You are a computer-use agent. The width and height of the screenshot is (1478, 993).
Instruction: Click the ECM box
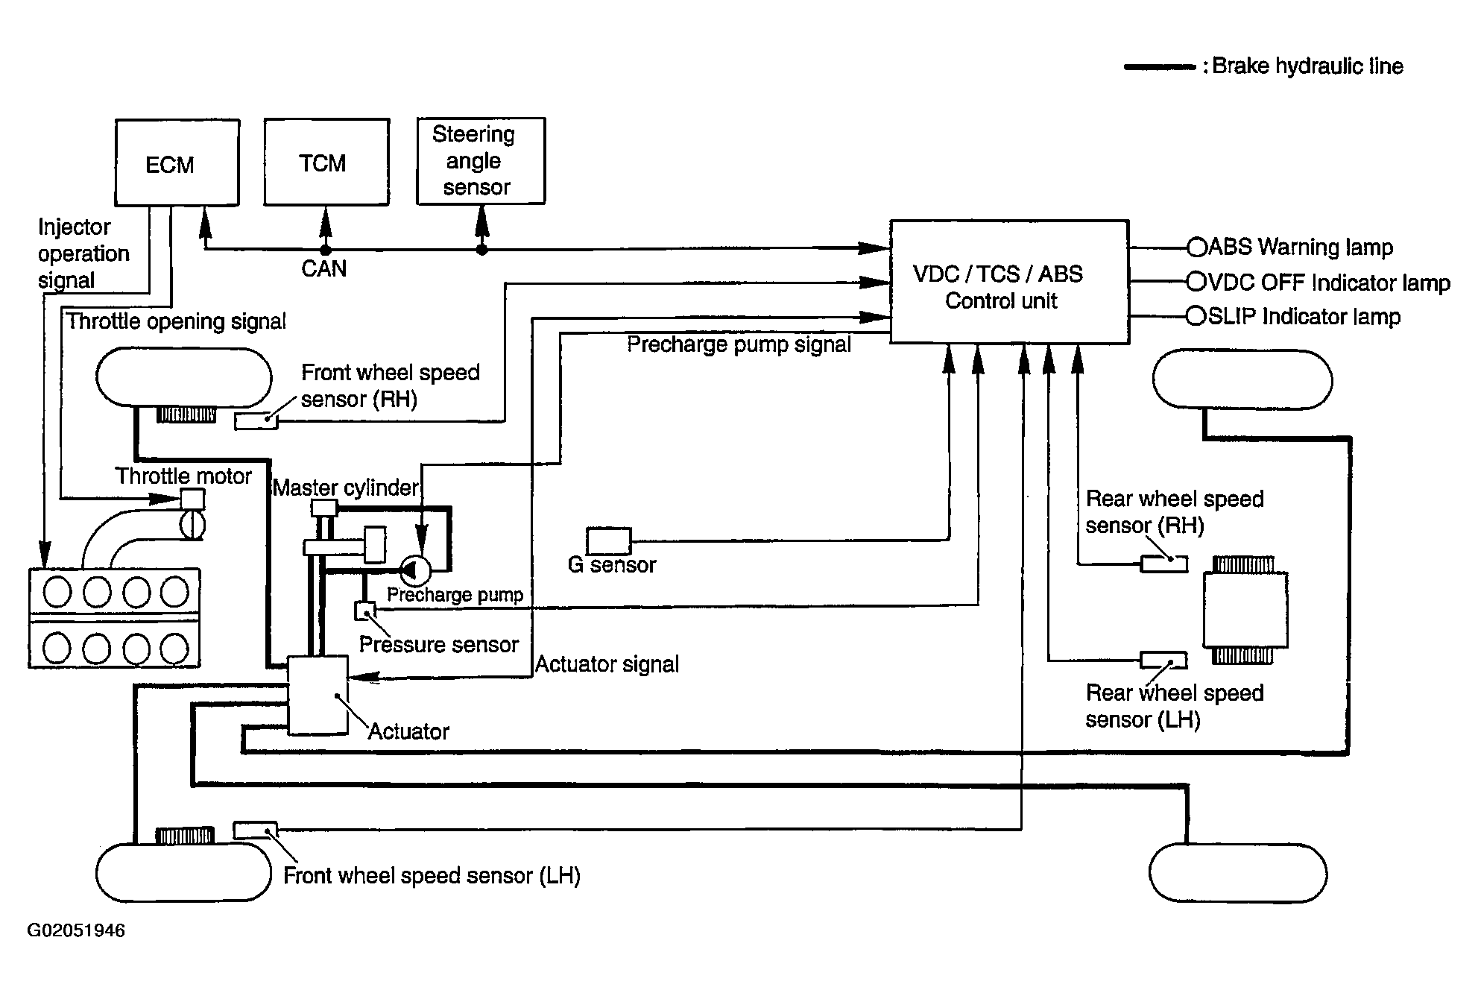pos(177,163)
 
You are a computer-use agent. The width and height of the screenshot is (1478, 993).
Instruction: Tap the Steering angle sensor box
pos(481,160)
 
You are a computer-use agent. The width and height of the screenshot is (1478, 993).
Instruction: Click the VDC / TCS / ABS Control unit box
pos(1010,282)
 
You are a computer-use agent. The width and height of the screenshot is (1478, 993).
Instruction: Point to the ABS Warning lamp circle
pos(1197,247)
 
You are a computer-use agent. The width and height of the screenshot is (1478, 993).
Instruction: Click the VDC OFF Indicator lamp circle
pos(1196,281)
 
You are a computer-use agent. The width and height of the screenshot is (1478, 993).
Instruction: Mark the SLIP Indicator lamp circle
pos(1196,316)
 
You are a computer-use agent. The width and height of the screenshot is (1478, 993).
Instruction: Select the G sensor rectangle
pos(608,540)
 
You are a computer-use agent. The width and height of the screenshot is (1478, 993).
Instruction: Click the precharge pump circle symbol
pos(416,571)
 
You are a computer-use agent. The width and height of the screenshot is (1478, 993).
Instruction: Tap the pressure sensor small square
pos(365,611)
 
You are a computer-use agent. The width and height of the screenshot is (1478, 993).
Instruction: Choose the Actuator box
pos(318,695)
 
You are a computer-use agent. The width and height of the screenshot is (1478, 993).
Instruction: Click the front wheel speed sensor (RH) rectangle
pos(256,421)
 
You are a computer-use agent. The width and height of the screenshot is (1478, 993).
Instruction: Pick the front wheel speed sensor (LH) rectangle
pos(256,830)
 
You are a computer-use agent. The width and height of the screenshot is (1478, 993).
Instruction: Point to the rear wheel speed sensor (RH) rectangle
pos(1164,564)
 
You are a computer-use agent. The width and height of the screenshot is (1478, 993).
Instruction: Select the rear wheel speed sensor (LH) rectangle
pos(1164,660)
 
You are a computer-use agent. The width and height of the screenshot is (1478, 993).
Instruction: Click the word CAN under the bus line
pos(324,268)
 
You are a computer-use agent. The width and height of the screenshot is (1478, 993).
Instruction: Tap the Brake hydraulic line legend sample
pos(1160,67)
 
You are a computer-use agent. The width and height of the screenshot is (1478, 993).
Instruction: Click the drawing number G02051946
pos(76,930)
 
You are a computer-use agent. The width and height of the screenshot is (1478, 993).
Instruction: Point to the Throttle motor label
pos(183,476)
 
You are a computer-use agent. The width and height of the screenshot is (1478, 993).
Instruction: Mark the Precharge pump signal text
pos(739,344)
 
